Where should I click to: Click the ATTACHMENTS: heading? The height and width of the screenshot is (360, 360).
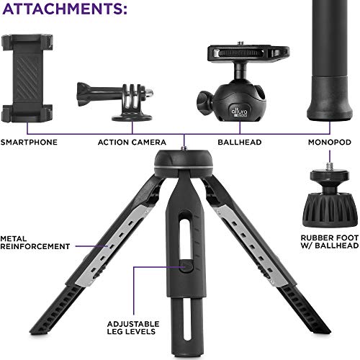pyautogui.click(x=65, y=10)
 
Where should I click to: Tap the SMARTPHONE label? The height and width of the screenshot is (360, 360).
pyautogui.click(x=30, y=143)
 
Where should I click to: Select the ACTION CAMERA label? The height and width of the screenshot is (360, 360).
pyautogui.click(x=132, y=143)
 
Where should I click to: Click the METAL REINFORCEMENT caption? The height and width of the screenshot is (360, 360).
pyautogui.click(x=35, y=242)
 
